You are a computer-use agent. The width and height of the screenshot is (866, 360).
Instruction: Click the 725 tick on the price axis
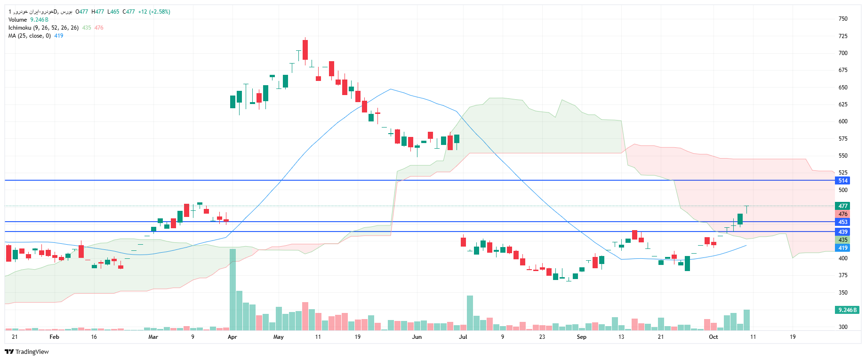point(842,36)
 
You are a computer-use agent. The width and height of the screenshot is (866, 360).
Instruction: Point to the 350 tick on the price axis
point(842,293)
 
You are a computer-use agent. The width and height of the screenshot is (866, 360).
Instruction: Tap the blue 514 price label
point(842,181)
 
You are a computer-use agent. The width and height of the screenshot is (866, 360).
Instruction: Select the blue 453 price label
point(842,222)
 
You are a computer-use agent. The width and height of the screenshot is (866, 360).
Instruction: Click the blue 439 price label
point(842,232)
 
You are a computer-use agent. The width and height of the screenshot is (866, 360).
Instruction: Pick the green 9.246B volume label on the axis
point(847,310)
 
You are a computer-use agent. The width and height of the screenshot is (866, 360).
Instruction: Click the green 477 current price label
point(842,206)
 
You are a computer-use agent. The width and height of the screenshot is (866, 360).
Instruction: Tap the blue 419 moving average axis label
point(842,248)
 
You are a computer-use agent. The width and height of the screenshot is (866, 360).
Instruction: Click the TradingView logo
point(27,352)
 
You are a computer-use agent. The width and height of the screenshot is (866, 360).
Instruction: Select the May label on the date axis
point(278,337)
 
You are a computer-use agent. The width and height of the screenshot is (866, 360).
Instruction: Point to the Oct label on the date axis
point(713,337)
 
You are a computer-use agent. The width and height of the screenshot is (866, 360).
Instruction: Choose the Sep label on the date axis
point(581,337)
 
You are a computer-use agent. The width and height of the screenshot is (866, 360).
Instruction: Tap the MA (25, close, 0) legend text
point(29,36)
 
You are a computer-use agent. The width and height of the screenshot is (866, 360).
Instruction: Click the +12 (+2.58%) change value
point(154,12)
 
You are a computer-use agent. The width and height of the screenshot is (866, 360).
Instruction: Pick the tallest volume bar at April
point(233,289)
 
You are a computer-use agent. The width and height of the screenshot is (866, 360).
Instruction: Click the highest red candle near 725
point(305,50)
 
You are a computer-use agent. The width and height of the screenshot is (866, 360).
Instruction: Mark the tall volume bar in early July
point(470,313)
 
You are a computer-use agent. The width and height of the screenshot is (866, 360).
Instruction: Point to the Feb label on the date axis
point(54,337)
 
